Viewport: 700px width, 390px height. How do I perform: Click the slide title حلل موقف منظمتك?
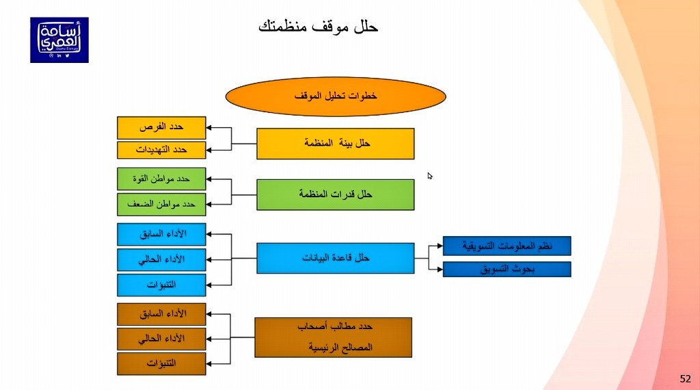(x=318, y=28)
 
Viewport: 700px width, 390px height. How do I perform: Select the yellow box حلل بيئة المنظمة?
(x=336, y=144)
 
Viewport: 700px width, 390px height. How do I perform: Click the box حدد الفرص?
(x=161, y=127)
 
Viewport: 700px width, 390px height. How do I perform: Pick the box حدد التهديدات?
(x=161, y=150)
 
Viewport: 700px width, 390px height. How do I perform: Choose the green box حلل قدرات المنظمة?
(x=336, y=194)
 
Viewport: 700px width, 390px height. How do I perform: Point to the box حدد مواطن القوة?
(x=161, y=179)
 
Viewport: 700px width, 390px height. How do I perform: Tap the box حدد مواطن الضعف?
(x=161, y=204)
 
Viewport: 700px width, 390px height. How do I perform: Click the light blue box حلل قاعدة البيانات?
(x=336, y=258)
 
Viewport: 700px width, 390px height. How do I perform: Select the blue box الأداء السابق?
(x=161, y=234)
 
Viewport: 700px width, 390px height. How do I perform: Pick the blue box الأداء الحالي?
(x=161, y=259)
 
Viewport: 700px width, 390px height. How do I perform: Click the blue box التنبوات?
(x=161, y=285)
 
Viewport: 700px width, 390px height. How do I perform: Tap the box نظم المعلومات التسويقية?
(x=507, y=246)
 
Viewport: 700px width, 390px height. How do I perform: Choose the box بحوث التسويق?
(x=507, y=269)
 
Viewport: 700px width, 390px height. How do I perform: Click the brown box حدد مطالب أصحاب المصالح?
(x=333, y=337)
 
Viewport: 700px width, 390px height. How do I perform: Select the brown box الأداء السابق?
(x=161, y=314)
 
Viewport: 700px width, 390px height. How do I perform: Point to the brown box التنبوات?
(x=161, y=363)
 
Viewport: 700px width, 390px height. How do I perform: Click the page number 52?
(x=685, y=378)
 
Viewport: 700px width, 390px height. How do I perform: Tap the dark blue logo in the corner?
(x=59, y=40)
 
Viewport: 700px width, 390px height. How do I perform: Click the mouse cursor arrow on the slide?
(x=430, y=176)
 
